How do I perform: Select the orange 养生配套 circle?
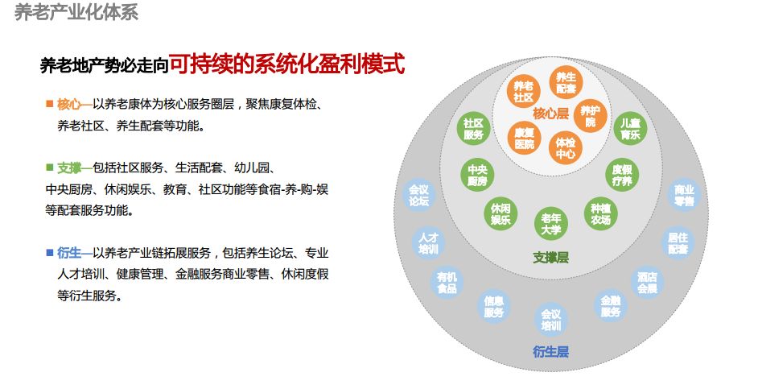566,83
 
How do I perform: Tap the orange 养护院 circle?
591,116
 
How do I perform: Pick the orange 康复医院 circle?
524,138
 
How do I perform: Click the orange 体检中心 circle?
565,148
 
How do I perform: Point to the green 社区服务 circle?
473,129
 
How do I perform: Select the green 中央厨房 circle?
477,175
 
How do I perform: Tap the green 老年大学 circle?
550,224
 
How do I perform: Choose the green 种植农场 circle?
600,213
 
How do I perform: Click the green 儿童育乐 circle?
630,129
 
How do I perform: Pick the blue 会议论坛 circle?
418,195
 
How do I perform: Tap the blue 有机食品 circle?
447,283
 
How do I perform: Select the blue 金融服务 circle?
610,306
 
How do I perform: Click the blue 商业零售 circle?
684,195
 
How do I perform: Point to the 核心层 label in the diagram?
550,114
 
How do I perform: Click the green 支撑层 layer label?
550,258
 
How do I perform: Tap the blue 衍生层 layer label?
550,351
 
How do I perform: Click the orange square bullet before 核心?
49,104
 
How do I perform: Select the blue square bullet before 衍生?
49,252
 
